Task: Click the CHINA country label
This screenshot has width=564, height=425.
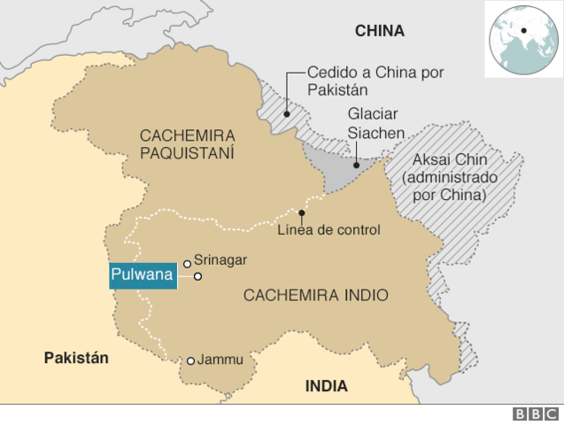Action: (x=379, y=31)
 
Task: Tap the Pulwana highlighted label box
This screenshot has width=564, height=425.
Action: (x=142, y=275)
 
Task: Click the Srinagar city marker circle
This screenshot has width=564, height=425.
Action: (x=187, y=263)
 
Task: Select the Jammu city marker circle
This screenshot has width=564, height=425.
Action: (x=190, y=360)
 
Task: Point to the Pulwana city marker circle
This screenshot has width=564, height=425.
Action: (x=198, y=276)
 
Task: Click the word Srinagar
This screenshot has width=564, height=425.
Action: (x=220, y=260)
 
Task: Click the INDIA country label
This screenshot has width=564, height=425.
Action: (x=327, y=386)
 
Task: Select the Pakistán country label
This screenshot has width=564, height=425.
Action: (x=76, y=358)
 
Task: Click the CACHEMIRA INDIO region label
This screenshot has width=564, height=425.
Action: (x=315, y=295)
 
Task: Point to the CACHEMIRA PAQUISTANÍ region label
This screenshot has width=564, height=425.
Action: (x=187, y=143)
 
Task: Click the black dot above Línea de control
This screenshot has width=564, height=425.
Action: (x=302, y=212)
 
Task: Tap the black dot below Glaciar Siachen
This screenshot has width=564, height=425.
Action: (x=354, y=164)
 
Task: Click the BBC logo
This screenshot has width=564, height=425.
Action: (x=535, y=413)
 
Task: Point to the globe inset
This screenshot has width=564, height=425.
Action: (x=522, y=38)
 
